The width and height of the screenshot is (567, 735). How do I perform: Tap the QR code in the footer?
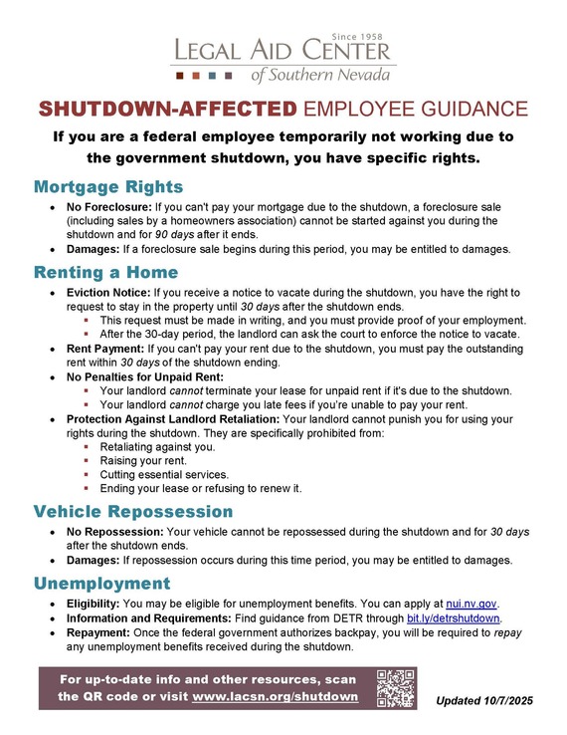(x=396, y=687)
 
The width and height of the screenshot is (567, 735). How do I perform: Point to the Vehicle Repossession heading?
(x=133, y=512)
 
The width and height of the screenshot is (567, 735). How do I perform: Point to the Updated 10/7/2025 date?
(x=484, y=702)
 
